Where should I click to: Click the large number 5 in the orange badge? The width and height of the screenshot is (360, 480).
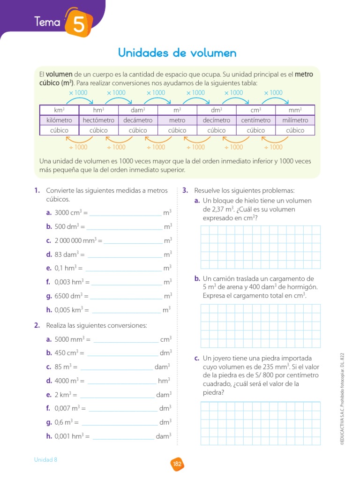78,23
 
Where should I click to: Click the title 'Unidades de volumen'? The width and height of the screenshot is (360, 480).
177,52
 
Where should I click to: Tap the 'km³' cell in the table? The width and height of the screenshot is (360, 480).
59,110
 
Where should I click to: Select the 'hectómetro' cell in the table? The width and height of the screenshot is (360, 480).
98,120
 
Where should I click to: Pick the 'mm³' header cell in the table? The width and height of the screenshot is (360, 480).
295,110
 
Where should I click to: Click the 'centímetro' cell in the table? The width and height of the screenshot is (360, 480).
256,120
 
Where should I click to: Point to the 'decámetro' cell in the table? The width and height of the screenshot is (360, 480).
138,120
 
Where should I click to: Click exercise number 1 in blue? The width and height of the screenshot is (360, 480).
36,190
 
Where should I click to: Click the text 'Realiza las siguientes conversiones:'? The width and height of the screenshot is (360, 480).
97,325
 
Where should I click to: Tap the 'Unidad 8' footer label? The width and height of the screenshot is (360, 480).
45,460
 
